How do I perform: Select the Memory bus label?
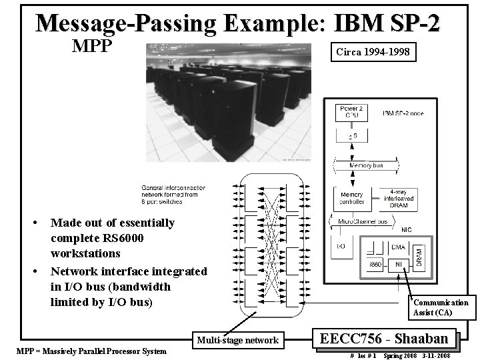(366, 164)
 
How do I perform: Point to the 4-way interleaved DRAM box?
(399, 197)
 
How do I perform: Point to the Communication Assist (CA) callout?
(441, 307)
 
